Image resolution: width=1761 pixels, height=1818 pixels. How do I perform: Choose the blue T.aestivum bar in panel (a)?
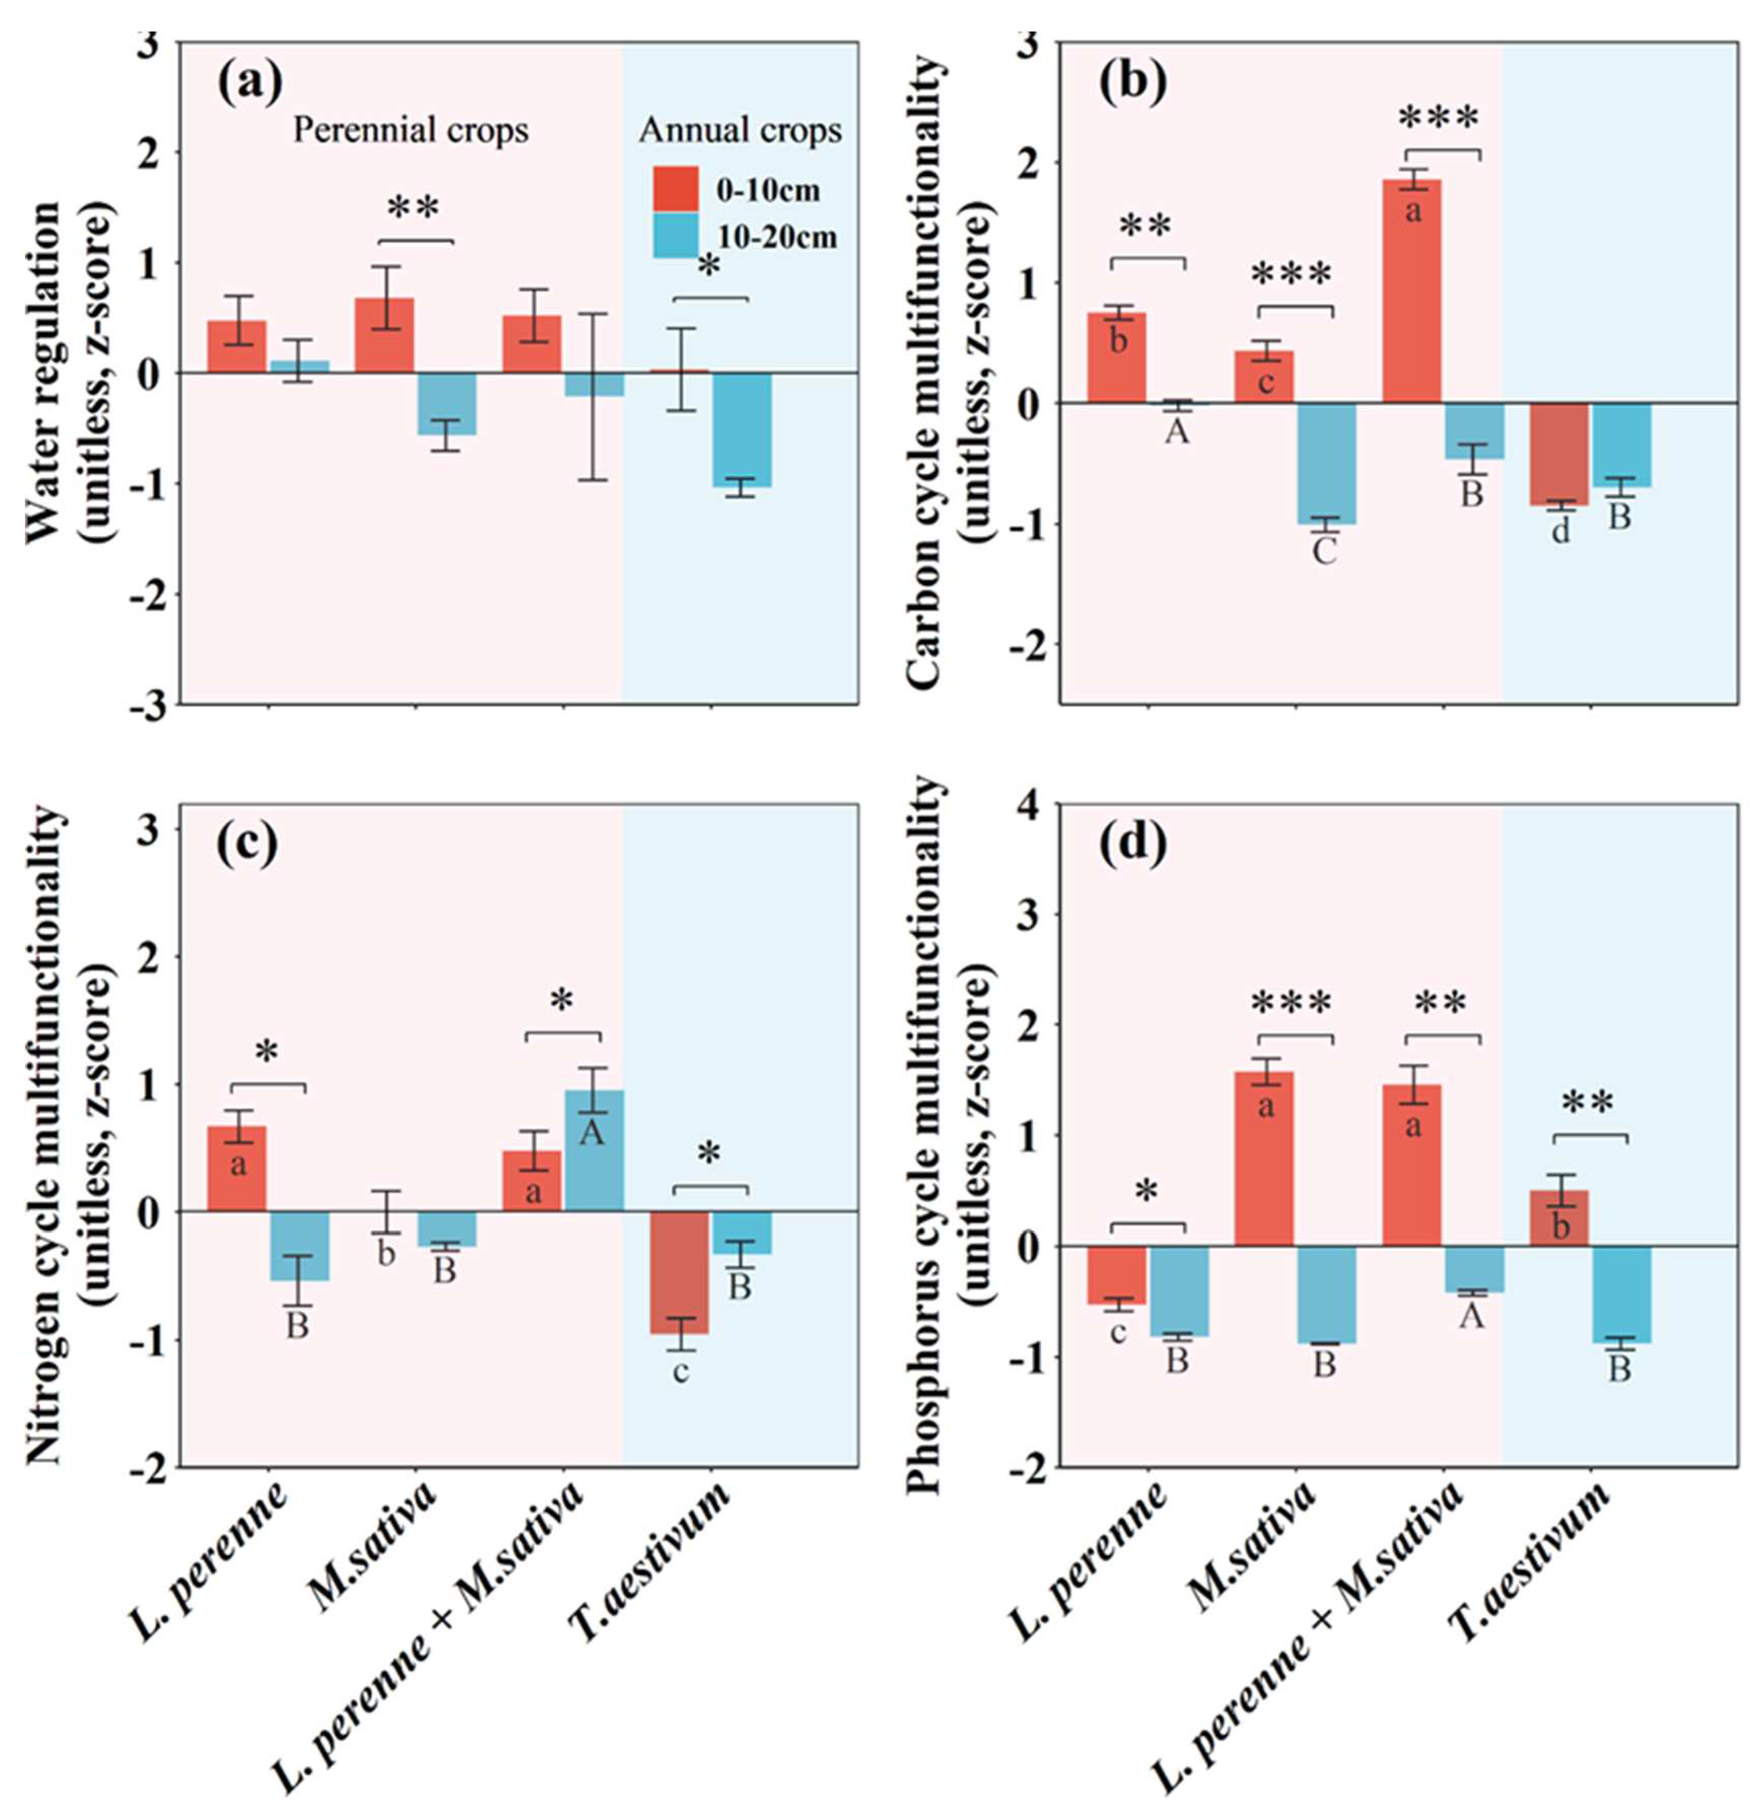(x=742, y=428)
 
